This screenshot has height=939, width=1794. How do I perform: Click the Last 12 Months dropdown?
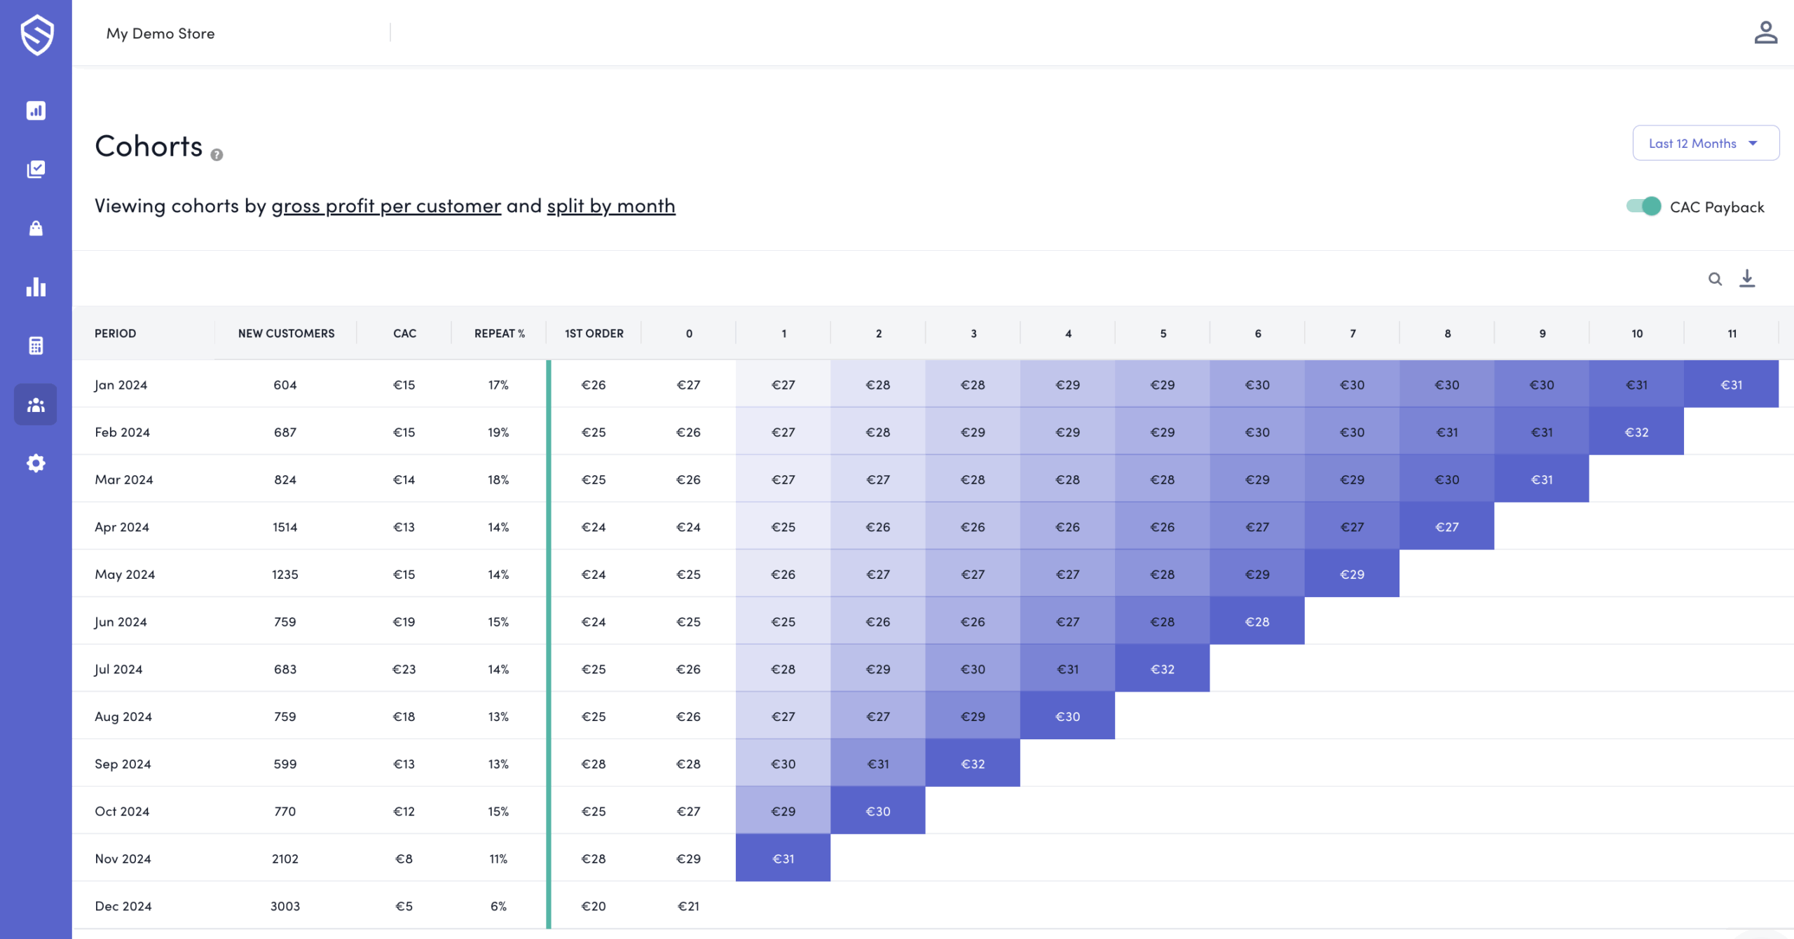pos(1704,143)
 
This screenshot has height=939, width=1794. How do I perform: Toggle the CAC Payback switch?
pos(1643,206)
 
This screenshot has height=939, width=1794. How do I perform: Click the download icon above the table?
pos(1747,278)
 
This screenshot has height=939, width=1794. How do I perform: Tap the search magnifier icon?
pos(1714,279)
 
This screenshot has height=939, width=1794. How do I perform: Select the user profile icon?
pos(1765,32)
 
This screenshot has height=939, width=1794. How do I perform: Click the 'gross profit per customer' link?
pos(386,206)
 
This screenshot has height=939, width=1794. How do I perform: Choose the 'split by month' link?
pos(610,206)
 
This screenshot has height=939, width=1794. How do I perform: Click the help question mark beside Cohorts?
pos(217,155)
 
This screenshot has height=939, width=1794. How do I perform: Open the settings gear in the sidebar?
pos(36,463)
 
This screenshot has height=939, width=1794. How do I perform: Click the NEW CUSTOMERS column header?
pos(286,334)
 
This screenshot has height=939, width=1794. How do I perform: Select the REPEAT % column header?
pos(499,334)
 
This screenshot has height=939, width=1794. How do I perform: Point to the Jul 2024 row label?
pos(118,669)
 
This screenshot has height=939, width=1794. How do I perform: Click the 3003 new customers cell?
pos(285,906)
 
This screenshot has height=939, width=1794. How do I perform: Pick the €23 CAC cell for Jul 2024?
pos(404,669)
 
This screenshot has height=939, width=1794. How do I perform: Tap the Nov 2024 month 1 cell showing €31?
pos(783,858)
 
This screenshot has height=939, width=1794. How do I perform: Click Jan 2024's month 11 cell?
pos(1731,385)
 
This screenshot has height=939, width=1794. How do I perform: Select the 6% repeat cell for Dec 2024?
pos(498,906)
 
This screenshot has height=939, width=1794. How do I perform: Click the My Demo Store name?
pos(160,34)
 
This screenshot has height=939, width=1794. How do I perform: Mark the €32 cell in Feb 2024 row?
pos(1636,432)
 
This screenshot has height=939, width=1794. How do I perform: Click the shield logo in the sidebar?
pos(36,34)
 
